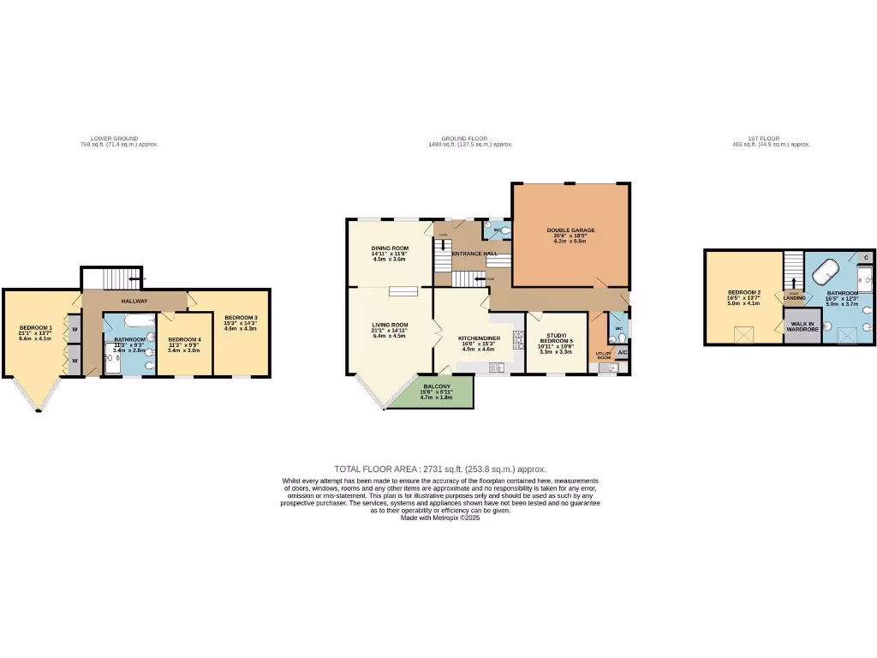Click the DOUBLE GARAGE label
[x=570, y=230]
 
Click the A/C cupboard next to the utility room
[x=622, y=353]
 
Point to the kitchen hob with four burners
[x=517, y=340]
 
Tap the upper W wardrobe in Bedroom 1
[x=75, y=329]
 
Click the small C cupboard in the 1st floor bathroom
[x=866, y=257]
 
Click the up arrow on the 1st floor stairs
[x=794, y=281]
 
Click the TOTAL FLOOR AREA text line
[x=439, y=470]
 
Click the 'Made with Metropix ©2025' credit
[x=440, y=517]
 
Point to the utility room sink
[x=607, y=368]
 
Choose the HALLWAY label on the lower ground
[x=134, y=301]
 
